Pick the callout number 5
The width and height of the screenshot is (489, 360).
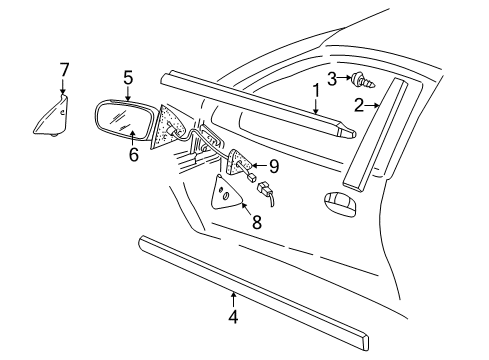click(128, 76)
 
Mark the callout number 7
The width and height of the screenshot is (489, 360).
click(64, 69)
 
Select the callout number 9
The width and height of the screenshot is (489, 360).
click(273, 165)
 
